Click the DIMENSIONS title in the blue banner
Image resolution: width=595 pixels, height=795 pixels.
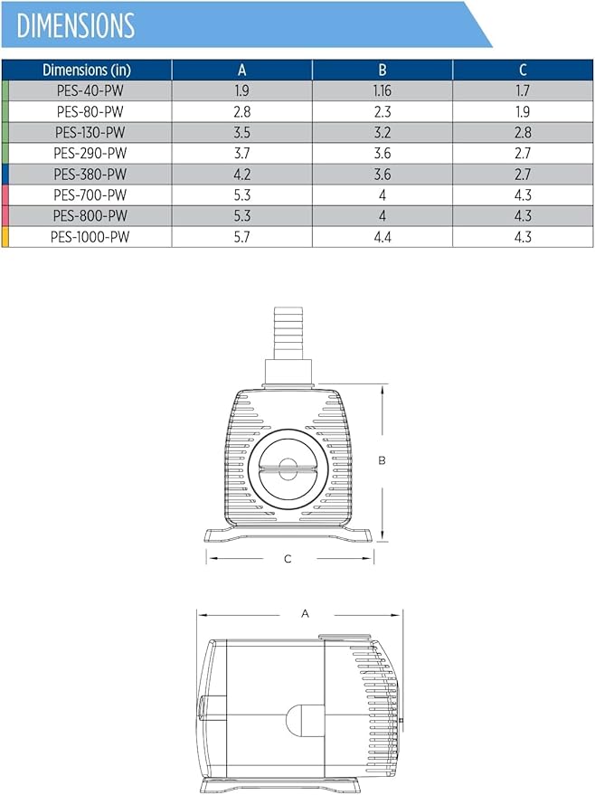[76, 25]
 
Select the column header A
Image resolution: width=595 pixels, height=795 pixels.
[241, 70]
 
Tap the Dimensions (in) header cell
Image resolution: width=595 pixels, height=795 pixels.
[87, 70]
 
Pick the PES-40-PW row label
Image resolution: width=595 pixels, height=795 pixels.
[90, 90]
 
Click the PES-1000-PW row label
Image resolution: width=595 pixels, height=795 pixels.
[90, 237]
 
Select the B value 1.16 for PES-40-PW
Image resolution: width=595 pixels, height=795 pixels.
[382, 90]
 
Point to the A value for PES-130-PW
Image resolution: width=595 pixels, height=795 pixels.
[241, 132]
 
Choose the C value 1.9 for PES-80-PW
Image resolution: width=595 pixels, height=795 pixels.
[523, 111]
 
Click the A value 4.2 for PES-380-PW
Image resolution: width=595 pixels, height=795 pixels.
[241, 174]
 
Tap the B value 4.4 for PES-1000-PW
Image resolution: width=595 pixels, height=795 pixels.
[382, 237]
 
